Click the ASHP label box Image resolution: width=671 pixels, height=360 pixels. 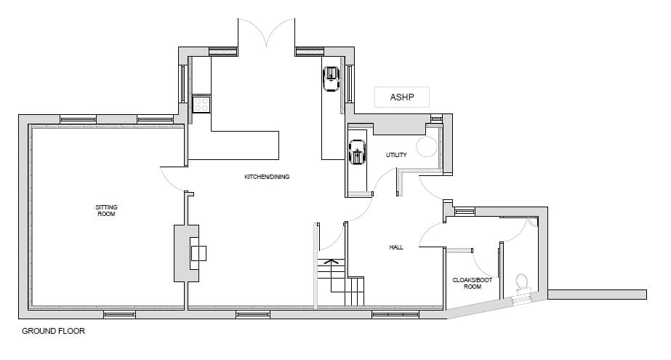pos(402,97)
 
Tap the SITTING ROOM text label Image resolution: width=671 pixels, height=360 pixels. pos(106,211)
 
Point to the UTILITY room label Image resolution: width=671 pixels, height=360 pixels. pos(396,155)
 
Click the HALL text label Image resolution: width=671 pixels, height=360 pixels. pos(396,247)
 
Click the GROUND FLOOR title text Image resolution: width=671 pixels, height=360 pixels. pos(53,332)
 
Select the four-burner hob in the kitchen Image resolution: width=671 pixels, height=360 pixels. pos(201,105)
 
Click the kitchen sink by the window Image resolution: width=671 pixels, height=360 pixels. pos(331,76)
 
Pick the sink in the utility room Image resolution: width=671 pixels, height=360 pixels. pos(358,153)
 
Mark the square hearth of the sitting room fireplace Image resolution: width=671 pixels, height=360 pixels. pos(198,253)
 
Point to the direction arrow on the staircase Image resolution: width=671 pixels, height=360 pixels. pos(332,261)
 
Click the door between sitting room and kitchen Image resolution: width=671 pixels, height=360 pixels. pos(173,178)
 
